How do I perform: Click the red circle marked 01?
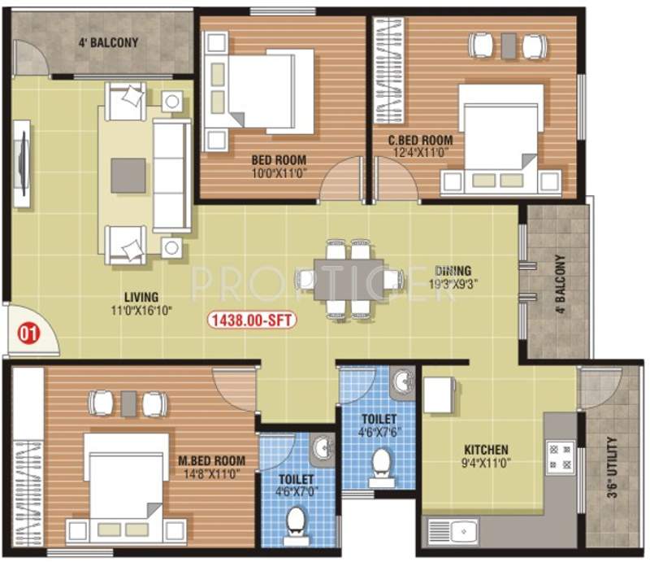click(x=28, y=333)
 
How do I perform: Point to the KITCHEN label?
click(x=486, y=450)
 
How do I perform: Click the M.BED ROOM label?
click(x=211, y=461)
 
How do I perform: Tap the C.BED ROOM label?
click(x=420, y=140)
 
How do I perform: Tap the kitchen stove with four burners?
click(x=560, y=457)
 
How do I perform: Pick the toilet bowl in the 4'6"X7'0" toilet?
click(x=297, y=521)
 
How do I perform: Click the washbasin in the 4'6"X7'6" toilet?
click(x=401, y=382)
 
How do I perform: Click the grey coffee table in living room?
click(x=128, y=175)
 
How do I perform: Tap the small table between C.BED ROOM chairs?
click(x=509, y=45)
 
